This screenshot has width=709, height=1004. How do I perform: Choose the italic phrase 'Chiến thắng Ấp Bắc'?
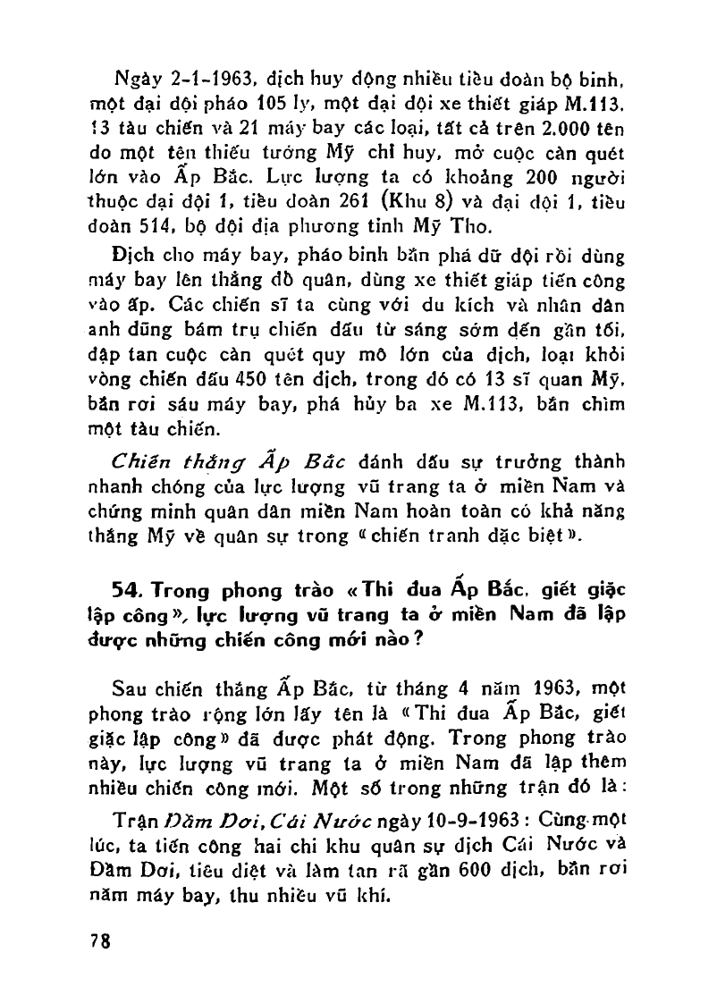229,461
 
